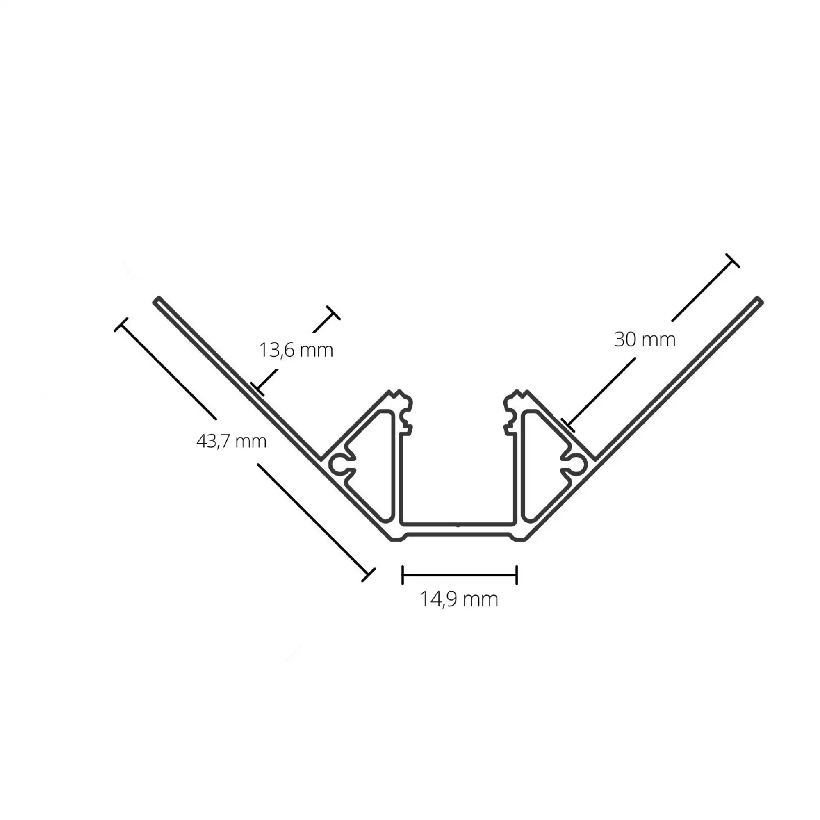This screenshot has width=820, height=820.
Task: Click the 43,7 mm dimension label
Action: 231,442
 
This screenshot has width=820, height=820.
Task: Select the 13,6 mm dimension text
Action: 296,351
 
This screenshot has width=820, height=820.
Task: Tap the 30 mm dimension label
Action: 644,340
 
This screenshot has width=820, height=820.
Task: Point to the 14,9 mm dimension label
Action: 458,599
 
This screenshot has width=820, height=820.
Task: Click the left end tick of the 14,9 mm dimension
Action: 402,575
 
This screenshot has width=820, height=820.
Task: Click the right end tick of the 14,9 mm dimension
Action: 517,575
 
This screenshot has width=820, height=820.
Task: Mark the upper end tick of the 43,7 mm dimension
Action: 121,325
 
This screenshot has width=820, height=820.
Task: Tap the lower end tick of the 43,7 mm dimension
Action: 368,574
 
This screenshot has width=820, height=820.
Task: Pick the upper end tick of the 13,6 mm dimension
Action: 333,313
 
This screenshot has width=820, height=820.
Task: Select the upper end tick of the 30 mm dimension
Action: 732,261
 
